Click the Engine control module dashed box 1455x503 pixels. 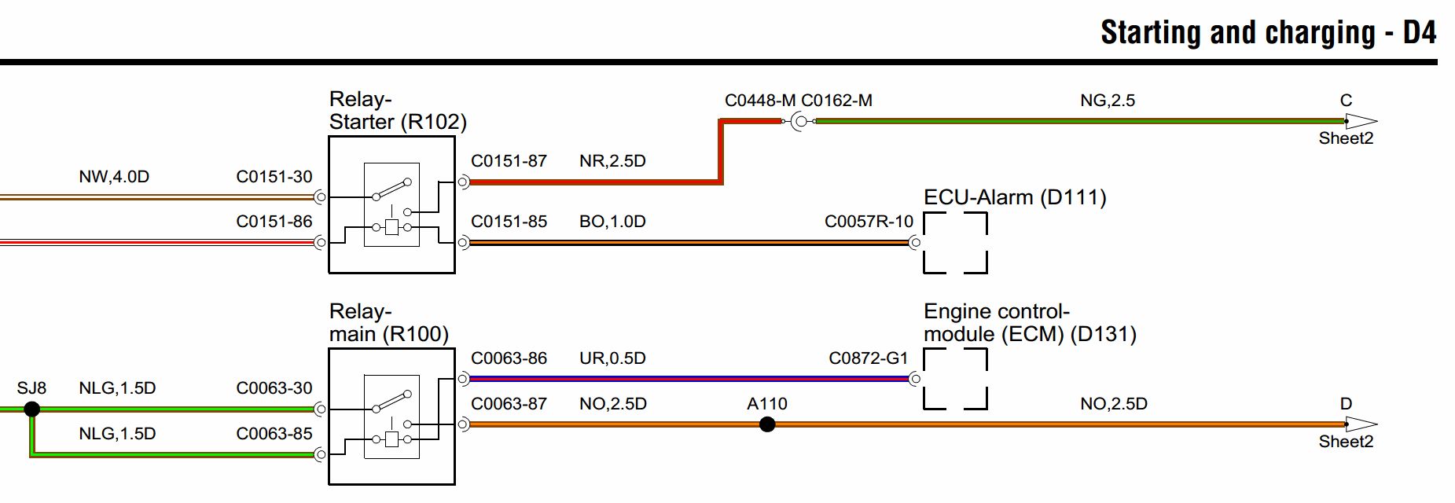coord(924,379)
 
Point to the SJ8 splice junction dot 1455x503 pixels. coord(32,409)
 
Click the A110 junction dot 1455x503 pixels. coord(767,424)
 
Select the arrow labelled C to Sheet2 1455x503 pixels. coord(1361,121)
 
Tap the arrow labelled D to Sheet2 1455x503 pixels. coord(1361,424)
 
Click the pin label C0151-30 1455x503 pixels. coord(274,177)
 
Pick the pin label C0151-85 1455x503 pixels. coord(509,222)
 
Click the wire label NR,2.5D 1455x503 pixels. coord(612,161)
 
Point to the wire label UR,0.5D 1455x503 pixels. coord(612,358)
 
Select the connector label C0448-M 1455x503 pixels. coord(760,101)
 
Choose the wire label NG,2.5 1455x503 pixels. coord(1108,101)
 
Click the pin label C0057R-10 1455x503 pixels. coord(869,222)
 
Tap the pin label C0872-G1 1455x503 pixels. coord(869,358)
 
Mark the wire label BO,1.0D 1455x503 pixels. coord(612,222)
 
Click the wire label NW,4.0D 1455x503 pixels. coord(114,177)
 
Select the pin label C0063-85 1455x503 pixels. coord(274,433)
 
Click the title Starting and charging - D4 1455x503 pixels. coord(1269,32)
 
